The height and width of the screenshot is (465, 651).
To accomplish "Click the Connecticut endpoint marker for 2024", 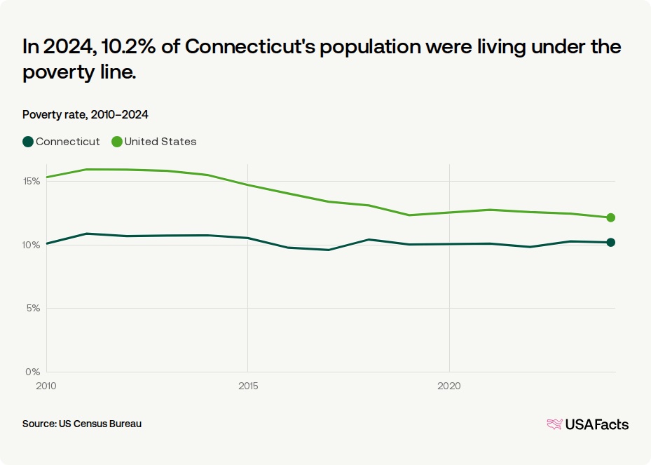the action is (610, 242).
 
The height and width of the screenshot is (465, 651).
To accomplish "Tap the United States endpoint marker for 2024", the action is (610, 217).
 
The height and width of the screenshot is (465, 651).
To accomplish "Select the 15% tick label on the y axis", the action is (32, 181).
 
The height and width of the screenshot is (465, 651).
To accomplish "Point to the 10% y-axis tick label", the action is (32, 245).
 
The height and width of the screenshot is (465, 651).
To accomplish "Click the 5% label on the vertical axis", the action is (33, 309).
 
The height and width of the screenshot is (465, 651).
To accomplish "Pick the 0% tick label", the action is (33, 372).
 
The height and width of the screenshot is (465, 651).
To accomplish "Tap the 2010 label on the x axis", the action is (46, 386).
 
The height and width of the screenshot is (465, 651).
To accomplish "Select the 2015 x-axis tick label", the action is (248, 386).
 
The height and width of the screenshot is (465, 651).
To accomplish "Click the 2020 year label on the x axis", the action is (448, 386).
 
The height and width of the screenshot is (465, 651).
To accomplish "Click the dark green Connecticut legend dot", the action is (28, 142).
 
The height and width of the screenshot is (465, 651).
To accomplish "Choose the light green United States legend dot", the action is (116, 142).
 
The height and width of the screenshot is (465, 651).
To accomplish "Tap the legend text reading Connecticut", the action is (68, 142).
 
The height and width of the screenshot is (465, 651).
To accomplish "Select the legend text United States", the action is (160, 142).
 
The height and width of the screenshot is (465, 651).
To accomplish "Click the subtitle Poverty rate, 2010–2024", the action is (85, 115).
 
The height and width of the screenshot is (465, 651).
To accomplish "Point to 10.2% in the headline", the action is (128, 46).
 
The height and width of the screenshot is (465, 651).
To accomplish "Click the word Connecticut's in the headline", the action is (249, 46).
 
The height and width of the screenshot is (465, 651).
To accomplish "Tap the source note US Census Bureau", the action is (100, 424).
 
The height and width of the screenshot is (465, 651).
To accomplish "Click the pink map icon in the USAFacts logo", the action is (555, 424).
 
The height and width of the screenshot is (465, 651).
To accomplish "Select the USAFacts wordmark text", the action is (596, 424).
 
